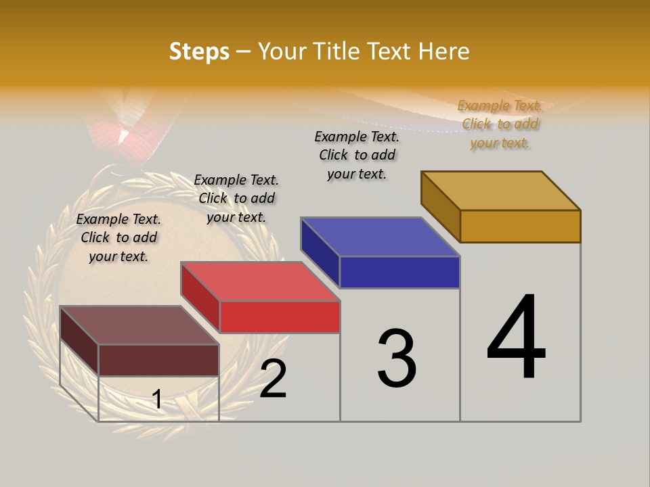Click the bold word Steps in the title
click(199, 51)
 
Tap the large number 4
click(516, 338)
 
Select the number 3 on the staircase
click(396, 358)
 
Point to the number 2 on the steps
click(273, 379)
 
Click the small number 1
click(156, 399)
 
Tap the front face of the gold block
click(520, 226)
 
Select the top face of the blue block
click(381, 237)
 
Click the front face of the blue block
click(399, 272)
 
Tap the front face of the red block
click(280, 317)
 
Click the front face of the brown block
click(158, 360)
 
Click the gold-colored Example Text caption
click(500, 124)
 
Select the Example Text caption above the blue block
click(357, 155)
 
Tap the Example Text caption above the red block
click(236, 198)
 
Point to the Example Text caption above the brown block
click(118, 237)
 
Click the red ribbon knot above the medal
click(129, 135)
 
